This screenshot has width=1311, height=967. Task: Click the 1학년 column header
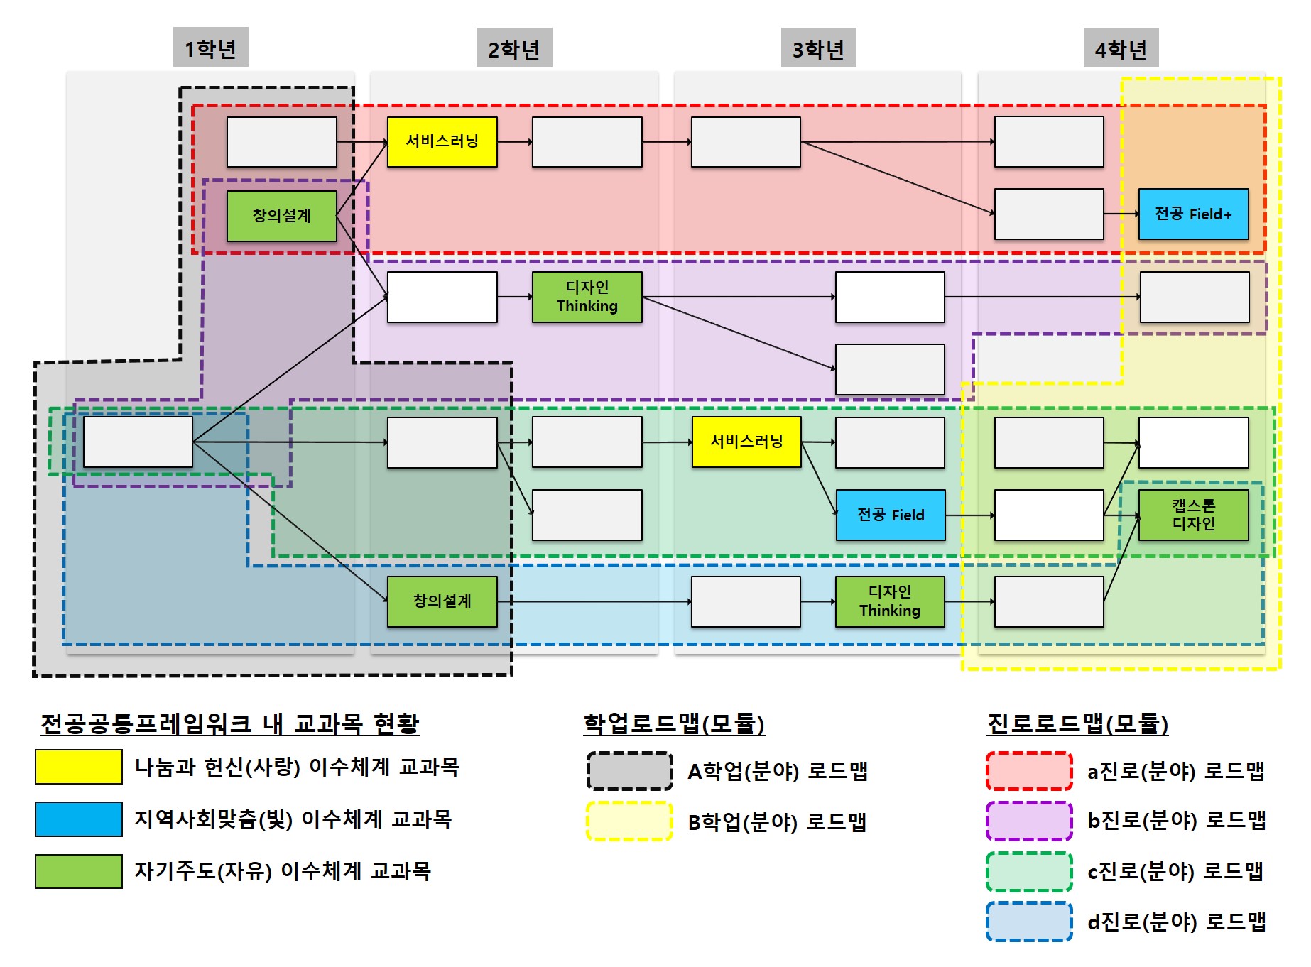click(x=210, y=48)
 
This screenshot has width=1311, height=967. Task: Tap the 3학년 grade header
click(x=818, y=49)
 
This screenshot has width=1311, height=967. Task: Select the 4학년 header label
click(x=1121, y=49)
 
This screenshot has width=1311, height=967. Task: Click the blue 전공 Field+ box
click(x=1193, y=214)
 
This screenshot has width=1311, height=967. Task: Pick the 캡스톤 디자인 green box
click(x=1193, y=515)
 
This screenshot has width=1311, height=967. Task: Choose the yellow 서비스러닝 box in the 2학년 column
click(x=442, y=142)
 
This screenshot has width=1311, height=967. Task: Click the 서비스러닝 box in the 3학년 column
click(x=746, y=442)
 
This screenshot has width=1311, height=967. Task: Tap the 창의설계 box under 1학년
click(x=281, y=216)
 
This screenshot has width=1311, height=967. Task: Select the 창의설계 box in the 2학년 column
click(x=442, y=601)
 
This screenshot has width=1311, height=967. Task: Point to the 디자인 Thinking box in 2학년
click(x=587, y=297)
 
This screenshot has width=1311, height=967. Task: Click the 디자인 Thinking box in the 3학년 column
click(x=890, y=601)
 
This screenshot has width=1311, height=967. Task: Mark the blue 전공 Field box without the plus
click(x=891, y=515)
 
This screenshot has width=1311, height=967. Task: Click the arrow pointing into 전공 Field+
click(x=1121, y=214)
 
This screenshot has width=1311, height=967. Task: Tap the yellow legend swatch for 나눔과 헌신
click(x=78, y=767)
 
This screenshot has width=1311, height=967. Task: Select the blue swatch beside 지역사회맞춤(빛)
click(x=78, y=819)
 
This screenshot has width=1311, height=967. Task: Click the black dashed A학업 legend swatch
click(x=629, y=771)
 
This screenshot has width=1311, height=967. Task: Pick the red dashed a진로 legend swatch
click(x=1029, y=771)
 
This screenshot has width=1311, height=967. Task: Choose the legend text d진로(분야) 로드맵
click(x=1176, y=922)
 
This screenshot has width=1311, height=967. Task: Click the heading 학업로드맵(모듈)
click(x=673, y=723)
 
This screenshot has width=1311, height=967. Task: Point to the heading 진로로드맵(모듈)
click(x=1077, y=723)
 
